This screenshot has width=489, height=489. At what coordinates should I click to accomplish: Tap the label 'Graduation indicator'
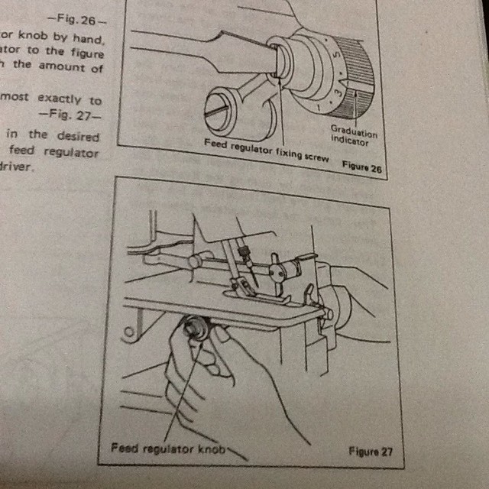353,135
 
